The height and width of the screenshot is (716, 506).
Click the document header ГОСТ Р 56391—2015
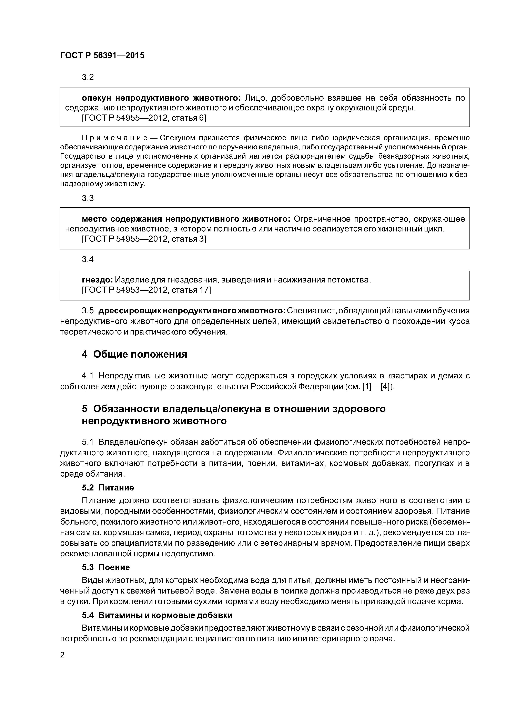coord(102,56)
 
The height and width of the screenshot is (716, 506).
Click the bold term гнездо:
coord(97,280)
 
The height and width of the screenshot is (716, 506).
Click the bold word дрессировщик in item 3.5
coord(130,311)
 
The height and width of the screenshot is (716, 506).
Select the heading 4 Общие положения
coord(134,354)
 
